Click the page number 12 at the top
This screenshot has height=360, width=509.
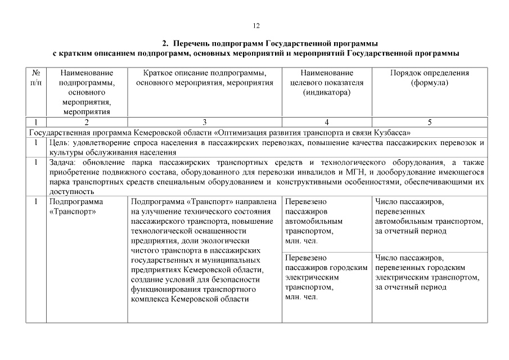point(256,26)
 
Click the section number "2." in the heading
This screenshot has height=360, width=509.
point(166,43)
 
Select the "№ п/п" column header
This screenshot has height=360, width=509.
point(36,78)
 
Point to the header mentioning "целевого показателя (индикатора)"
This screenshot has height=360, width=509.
point(326,83)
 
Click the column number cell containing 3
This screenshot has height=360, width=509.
point(205,121)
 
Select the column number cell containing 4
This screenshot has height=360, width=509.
point(326,121)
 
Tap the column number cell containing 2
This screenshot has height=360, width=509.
point(87,121)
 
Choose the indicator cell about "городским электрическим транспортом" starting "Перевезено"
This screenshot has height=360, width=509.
point(326,277)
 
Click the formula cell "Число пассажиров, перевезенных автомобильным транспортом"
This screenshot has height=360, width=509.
point(428,217)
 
